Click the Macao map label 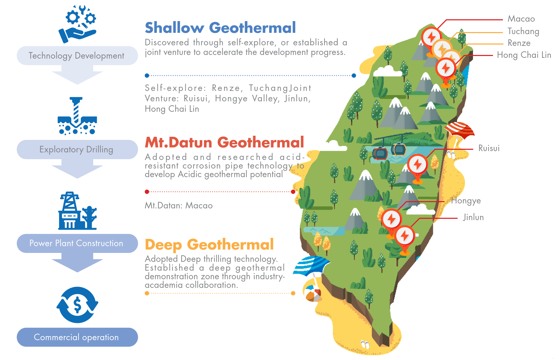(521, 19)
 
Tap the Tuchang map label (523, 31)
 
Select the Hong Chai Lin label (524, 55)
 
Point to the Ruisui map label (489, 148)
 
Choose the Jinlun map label (473, 217)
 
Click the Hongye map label (466, 201)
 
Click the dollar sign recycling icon (77, 305)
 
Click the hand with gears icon (78, 24)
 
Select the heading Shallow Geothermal (220, 28)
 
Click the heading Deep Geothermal (209, 245)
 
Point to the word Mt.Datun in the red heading (178, 142)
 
